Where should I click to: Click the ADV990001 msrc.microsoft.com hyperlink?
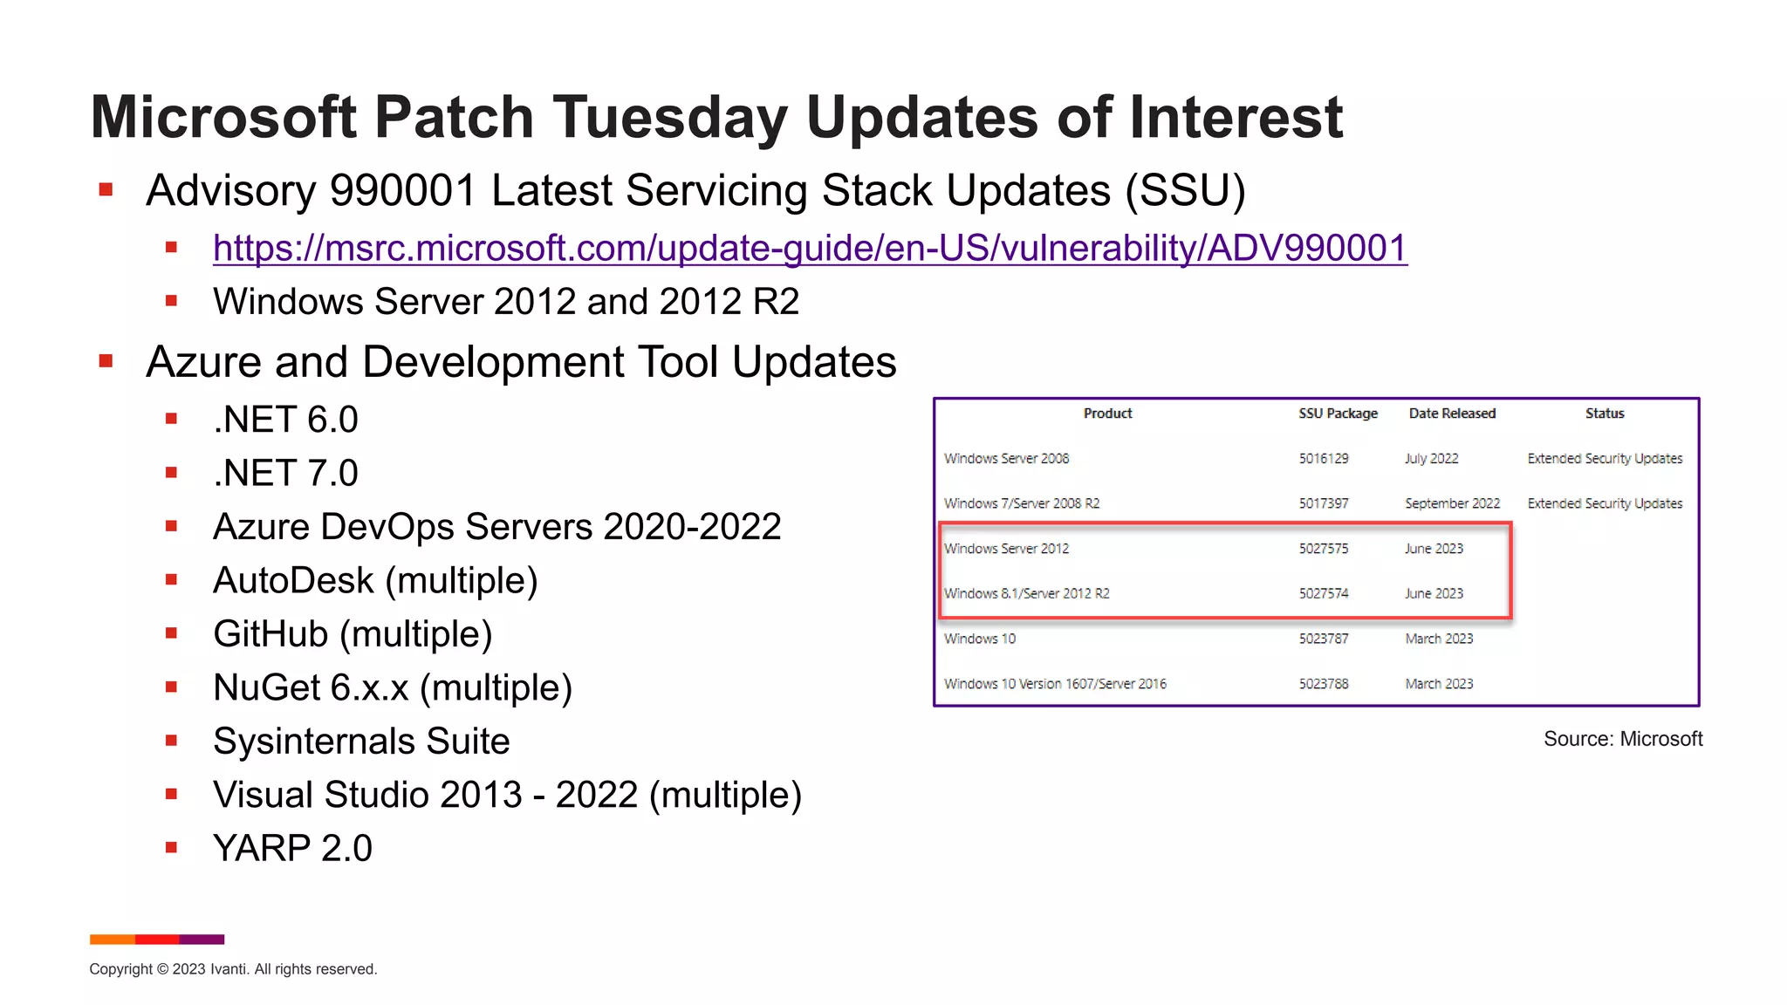[x=810, y=249]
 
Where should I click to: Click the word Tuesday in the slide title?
[x=669, y=118]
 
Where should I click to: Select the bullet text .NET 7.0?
[x=285, y=474]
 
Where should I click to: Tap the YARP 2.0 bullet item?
[x=292, y=849]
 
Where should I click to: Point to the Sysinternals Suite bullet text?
[x=361, y=742]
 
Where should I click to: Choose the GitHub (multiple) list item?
[x=353, y=634]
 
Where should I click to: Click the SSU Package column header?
[x=1338, y=414]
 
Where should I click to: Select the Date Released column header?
[x=1452, y=414]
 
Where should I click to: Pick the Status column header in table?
[x=1605, y=414]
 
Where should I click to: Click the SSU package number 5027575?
[x=1323, y=549]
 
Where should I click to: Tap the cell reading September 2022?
[x=1452, y=503]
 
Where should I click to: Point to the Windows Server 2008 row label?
[x=1006, y=459]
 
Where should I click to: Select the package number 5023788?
[x=1323, y=684]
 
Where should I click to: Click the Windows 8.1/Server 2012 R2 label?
[x=1026, y=594]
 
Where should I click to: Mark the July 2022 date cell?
[x=1431, y=459]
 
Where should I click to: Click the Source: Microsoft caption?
[x=1622, y=739]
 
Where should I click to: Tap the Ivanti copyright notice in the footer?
[x=233, y=969]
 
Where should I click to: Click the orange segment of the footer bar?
[x=112, y=940]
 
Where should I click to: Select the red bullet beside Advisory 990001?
[x=106, y=190]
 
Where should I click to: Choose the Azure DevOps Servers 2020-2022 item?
[x=496, y=527]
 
